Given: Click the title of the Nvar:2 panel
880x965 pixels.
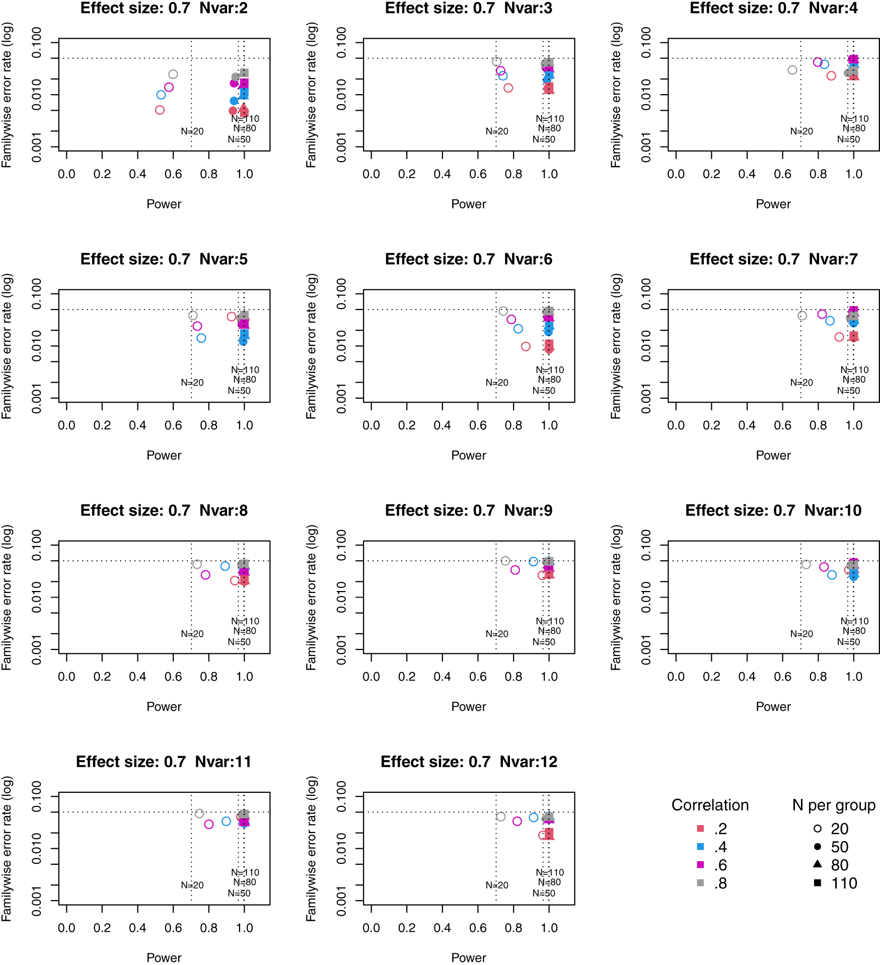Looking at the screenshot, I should tap(164, 9).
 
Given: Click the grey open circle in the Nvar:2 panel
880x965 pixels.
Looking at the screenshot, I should tap(173, 75).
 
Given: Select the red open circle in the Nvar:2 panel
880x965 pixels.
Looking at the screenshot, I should tap(160, 110).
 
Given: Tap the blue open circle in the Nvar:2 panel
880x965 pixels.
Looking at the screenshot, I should tap(161, 95).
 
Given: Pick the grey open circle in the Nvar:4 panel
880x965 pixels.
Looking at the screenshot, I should tap(792, 70).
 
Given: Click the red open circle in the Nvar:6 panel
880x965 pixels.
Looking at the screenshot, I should tap(526, 346).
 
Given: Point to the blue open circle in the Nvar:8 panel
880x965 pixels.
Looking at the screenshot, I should tap(225, 566).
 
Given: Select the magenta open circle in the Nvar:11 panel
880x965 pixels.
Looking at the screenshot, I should tap(209, 824).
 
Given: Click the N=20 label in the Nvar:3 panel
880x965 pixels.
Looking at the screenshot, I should tap(496, 131).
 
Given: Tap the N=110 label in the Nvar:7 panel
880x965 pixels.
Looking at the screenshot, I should tap(854, 370).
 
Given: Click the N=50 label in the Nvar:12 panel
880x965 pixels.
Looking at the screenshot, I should tap(544, 893).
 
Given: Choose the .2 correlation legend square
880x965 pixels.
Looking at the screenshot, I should tap(700, 828).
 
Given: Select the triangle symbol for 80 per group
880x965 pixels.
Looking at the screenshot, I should tap(818, 864).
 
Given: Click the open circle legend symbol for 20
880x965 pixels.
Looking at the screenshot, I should tap(818, 829).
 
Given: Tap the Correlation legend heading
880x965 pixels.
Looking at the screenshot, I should tap(710, 805).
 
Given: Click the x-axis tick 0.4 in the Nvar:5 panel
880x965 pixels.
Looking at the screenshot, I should tap(137, 425).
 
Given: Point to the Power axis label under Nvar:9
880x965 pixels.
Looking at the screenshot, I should tap(468, 706).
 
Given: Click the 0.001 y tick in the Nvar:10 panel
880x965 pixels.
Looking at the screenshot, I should tap(646, 649).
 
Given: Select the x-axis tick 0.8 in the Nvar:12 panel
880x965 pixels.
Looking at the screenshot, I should tap(513, 928).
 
